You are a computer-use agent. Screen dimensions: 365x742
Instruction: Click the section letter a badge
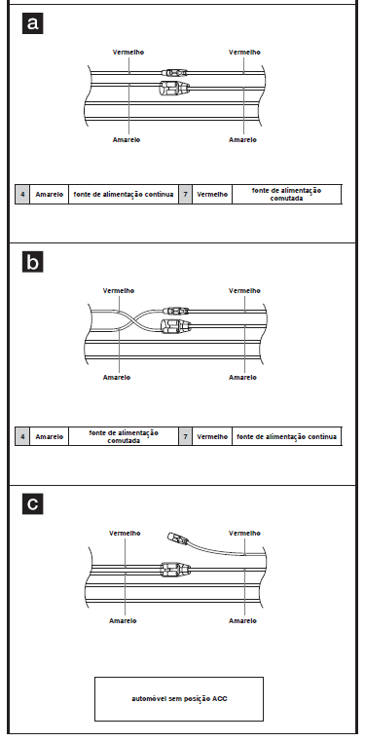point(33,22)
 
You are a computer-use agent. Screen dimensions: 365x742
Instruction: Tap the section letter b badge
point(33,262)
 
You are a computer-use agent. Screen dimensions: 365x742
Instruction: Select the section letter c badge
point(33,504)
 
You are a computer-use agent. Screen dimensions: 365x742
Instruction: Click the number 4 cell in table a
point(22,195)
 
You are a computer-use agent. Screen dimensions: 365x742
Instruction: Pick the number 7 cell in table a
point(185,195)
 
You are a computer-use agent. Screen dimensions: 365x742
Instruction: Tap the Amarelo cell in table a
point(50,195)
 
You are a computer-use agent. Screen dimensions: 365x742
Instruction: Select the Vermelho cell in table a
point(212,195)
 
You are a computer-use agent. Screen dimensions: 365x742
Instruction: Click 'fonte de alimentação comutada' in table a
point(286,195)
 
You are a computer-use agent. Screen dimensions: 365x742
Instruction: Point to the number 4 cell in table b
point(22,436)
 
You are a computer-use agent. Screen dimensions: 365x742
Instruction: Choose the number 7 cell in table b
point(185,436)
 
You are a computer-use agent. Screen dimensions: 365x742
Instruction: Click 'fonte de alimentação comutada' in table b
point(124,436)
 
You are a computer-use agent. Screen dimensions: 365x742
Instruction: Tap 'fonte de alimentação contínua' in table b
point(286,436)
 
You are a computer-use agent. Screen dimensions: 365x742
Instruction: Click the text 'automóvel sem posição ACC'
point(179,698)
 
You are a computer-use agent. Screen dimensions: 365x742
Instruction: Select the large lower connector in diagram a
point(174,88)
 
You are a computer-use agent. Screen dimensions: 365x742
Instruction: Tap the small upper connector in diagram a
point(174,73)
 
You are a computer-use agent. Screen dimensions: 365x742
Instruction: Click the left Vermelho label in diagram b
point(119,291)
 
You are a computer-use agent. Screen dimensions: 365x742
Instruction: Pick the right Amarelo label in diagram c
point(243,620)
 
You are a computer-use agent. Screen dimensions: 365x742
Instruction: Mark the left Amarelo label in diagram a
point(127,140)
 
